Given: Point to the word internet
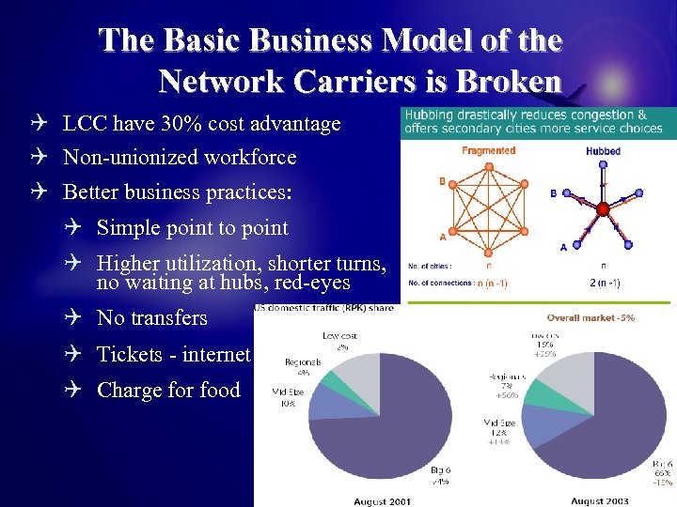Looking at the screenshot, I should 224,354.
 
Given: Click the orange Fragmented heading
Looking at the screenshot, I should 488,150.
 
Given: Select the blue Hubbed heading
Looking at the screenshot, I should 602,150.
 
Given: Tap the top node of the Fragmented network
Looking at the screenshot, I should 488,165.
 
